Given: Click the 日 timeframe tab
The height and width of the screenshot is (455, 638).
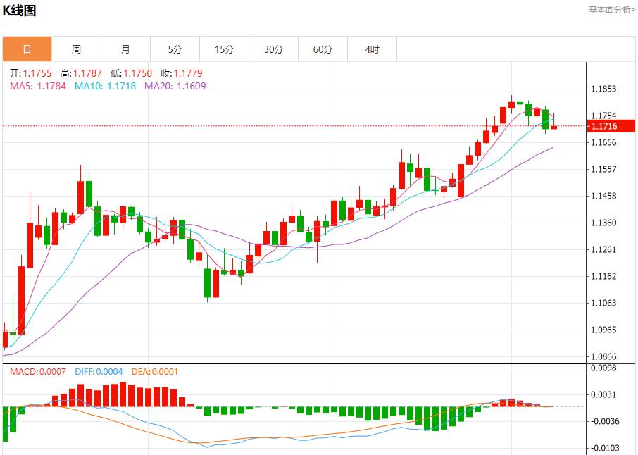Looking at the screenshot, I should pyautogui.click(x=27, y=49).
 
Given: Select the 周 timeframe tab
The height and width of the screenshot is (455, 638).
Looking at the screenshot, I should pyautogui.click(x=76, y=49).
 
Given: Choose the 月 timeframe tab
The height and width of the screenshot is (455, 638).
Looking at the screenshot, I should pyautogui.click(x=125, y=49).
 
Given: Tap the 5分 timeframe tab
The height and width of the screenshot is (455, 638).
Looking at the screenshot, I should pyautogui.click(x=175, y=49).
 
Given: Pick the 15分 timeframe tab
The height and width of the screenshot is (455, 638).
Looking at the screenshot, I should pyautogui.click(x=224, y=49).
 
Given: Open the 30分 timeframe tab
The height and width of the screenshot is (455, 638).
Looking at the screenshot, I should pyautogui.click(x=273, y=49).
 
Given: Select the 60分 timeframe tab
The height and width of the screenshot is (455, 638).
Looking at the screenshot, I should pyautogui.click(x=323, y=49).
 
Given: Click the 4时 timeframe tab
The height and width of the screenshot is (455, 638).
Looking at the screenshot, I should pyautogui.click(x=372, y=49).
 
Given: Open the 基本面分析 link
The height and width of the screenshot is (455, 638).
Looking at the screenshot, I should pyautogui.click(x=611, y=9).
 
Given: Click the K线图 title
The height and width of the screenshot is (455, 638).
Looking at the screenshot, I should pyautogui.click(x=20, y=11).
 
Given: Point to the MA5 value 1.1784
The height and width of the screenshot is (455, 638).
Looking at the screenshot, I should pyautogui.click(x=51, y=86).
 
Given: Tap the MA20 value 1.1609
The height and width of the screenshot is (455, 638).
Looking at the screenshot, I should pyautogui.click(x=191, y=86).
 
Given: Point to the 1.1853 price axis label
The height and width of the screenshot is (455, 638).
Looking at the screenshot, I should pyautogui.click(x=604, y=89).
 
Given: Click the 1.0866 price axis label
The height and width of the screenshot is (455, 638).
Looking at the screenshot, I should pyautogui.click(x=604, y=356).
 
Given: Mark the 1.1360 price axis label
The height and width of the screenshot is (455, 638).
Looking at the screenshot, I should pyautogui.click(x=604, y=223).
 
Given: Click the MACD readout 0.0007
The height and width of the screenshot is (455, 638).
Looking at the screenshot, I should pyautogui.click(x=53, y=371).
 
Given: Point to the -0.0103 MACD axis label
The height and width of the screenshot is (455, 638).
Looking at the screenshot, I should pyautogui.click(x=606, y=448).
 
